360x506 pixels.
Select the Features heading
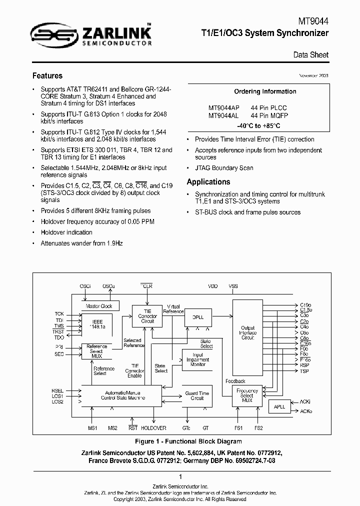pyautogui.click(x=47, y=76)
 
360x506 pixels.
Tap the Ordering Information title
pyautogui.click(x=265, y=91)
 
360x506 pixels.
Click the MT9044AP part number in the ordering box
pyautogui.click(x=223, y=107)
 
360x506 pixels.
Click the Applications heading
pyautogui.click(x=208, y=182)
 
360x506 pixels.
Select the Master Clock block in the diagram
pyautogui.click(x=99, y=306)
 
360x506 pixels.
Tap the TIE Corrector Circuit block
pyautogui.click(x=147, y=316)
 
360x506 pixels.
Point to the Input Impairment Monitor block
pyautogui.click(x=198, y=360)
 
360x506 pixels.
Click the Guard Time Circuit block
pyautogui.click(x=197, y=395)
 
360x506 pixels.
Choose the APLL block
pyautogui.click(x=279, y=406)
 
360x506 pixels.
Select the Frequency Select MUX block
pyautogui.click(x=247, y=395)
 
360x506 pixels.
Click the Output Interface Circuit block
pyautogui.click(x=248, y=333)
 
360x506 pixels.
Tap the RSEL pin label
pyautogui.click(x=57, y=390)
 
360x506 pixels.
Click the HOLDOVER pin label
pyautogui.click(x=153, y=428)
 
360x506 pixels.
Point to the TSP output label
pyautogui.click(x=304, y=371)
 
